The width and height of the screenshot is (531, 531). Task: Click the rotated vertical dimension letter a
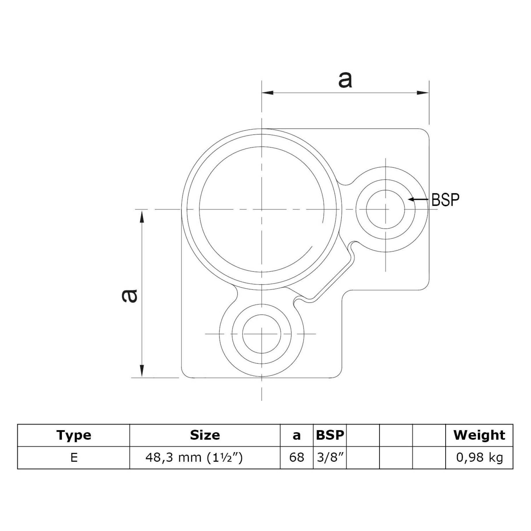point(129,296)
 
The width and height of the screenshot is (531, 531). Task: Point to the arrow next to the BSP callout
point(418,199)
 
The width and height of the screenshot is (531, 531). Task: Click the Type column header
point(74,435)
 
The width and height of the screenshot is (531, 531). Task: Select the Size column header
point(205,435)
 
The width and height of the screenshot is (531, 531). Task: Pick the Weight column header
point(479,435)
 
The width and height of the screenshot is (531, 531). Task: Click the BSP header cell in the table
point(330,435)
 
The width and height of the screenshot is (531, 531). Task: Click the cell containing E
point(74,458)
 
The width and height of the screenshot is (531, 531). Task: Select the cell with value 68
point(296,458)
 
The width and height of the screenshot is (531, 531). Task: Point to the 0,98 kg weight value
point(479,458)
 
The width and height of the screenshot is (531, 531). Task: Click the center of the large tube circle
point(262,209)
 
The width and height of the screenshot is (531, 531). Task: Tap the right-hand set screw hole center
point(386,209)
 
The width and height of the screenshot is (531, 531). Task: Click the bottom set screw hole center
point(262,334)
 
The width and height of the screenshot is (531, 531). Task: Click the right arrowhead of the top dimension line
point(423,93)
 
